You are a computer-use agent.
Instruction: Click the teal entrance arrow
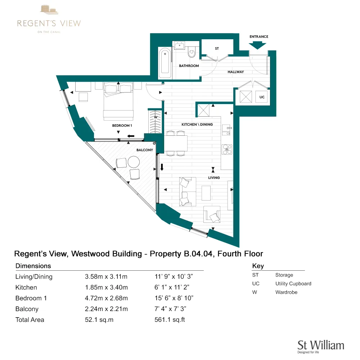[258, 45]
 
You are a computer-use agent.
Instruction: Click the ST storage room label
[217, 48]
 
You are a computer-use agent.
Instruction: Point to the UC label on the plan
[262, 97]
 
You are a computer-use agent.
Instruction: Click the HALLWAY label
[235, 72]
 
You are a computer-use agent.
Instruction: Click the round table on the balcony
[134, 162]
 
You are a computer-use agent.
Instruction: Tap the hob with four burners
[227, 149]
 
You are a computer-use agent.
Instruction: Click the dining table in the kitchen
[176, 143]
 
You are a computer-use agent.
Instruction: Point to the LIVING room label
[213, 177]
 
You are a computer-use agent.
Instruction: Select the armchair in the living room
[212, 215]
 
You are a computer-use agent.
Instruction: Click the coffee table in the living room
[206, 193]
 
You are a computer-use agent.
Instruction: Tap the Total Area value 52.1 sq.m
[99, 320]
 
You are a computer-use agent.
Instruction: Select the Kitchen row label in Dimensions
[26, 287]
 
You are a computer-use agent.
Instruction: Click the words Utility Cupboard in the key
[293, 284]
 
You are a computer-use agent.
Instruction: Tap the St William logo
[320, 346]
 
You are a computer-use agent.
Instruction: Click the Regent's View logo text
[49, 23]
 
